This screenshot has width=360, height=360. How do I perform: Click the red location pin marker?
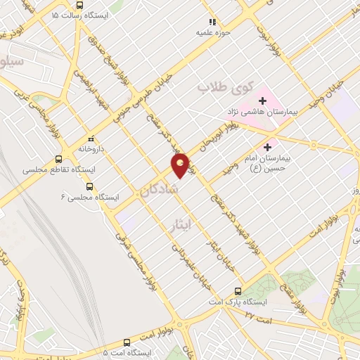click(181, 165)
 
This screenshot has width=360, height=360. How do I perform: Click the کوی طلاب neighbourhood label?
click(214, 87)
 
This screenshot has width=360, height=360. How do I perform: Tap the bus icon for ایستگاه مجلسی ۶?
click(89, 186)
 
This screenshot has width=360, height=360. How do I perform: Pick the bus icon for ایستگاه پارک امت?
click(238, 290)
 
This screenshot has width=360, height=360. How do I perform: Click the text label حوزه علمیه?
click(212, 32)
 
